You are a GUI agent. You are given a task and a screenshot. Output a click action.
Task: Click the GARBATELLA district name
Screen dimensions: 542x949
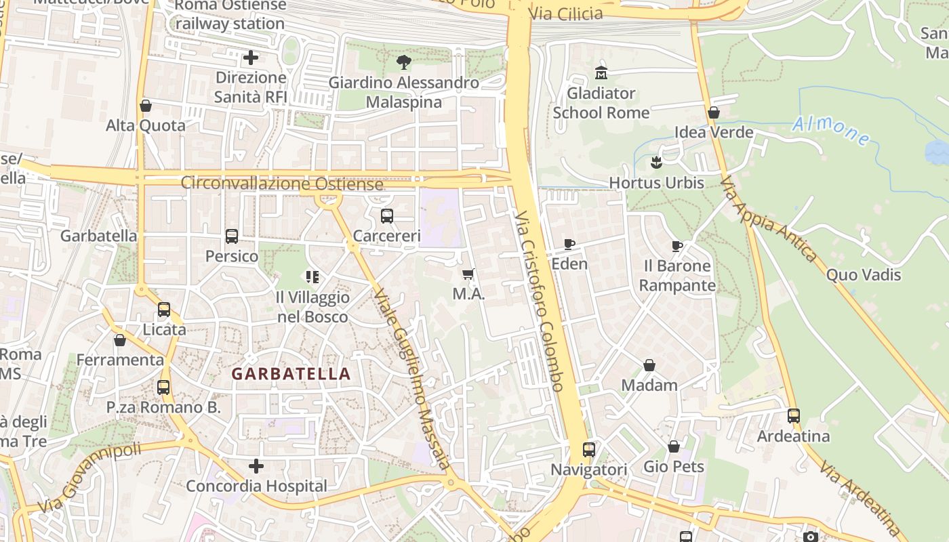pyautogui.click(x=291, y=373)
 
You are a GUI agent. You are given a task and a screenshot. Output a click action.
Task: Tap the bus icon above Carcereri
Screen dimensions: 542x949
pyautogui.click(x=387, y=216)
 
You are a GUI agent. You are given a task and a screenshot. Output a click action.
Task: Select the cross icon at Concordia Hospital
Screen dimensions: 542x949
pyautogui.click(x=256, y=466)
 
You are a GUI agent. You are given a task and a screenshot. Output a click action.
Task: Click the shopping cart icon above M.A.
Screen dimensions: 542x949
pyautogui.click(x=468, y=274)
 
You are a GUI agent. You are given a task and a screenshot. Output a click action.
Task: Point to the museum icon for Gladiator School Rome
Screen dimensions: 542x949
pyautogui.click(x=601, y=72)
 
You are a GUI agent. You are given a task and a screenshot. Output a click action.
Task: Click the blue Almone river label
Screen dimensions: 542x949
pyautogui.click(x=830, y=130)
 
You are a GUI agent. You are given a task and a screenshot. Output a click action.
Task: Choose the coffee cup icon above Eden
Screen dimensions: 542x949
pyautogui.click(x=569, y=244)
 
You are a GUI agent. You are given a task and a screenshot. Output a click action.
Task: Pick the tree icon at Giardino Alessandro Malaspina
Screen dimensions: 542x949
pyautogui.click(x=404, y=63)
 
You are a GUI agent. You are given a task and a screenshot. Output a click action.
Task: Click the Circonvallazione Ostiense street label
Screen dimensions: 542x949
pyautogui.click(x=282, y=184)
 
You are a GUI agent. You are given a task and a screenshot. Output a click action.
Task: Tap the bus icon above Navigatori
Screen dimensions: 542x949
pyautogui.click(x=589, y=449)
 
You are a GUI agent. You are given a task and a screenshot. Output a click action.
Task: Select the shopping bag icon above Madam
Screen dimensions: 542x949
pyautogui.click(x=649, y=365)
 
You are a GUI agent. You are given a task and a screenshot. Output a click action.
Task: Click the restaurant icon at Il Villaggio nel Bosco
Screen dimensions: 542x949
pyautogui.click(x=312, y=276)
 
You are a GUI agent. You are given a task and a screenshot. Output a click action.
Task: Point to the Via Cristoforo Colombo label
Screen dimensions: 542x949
pyautogui.click(x=539, y=301)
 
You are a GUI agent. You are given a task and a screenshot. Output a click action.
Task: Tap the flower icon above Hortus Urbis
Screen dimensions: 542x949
pyautogui.click(x=655, y=163)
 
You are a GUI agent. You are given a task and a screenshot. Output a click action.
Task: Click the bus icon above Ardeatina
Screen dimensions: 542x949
pyautogui.click(x=793, y=416)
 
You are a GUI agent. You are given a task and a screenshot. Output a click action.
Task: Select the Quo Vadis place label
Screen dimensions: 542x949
pyautogui.click(x=863, y=274)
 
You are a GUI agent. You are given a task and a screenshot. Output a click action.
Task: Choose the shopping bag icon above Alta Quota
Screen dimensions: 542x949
pyautogui.click(x=145, y=106)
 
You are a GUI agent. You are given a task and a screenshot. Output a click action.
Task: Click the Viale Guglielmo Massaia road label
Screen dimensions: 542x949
pyautogui.click(x=411, y=380)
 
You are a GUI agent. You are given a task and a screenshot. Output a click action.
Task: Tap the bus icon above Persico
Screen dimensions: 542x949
pyautogui.click(x=232, y=236)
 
